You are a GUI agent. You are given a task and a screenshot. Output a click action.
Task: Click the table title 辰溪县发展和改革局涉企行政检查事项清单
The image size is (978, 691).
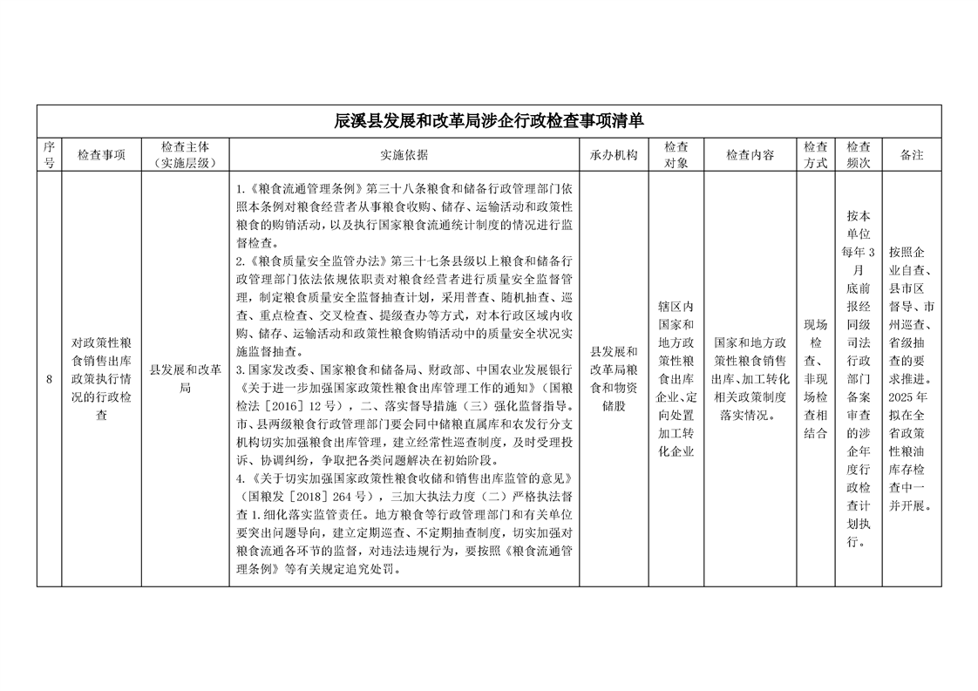coord(489,120)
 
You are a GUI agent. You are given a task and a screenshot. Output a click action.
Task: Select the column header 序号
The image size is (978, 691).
coord(49,154)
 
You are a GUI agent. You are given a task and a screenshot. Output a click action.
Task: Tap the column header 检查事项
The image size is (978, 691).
coord(101,155)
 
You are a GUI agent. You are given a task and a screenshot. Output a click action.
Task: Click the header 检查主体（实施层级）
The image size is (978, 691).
coord(185,154)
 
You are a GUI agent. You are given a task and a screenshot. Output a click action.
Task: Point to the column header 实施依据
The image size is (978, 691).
coord(404,155)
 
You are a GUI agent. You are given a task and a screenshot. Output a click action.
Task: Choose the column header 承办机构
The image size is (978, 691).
coord(614,155)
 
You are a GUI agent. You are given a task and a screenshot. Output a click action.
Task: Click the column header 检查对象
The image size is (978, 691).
coord(676,154)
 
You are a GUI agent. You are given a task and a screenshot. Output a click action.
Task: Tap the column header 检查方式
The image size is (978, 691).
coord(816,154)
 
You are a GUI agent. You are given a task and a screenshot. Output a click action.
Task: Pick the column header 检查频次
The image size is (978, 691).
coord(859,154)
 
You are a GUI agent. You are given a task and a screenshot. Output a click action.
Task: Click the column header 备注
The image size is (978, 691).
coord(912,155)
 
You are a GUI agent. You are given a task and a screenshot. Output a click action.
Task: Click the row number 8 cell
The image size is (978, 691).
coord(49,379)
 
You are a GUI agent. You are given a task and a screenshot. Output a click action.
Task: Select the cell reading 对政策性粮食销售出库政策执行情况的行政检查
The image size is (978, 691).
coord(101,379)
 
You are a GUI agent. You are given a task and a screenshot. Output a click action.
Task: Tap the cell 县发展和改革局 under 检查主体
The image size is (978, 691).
coord(185,379)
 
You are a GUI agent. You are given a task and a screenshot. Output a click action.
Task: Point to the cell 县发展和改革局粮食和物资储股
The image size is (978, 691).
coord(614,379)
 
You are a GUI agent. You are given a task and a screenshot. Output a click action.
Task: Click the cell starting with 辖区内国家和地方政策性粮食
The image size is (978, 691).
coord(676,379)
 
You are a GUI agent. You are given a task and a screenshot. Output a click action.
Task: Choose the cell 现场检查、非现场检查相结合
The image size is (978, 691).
coord(816,379)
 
